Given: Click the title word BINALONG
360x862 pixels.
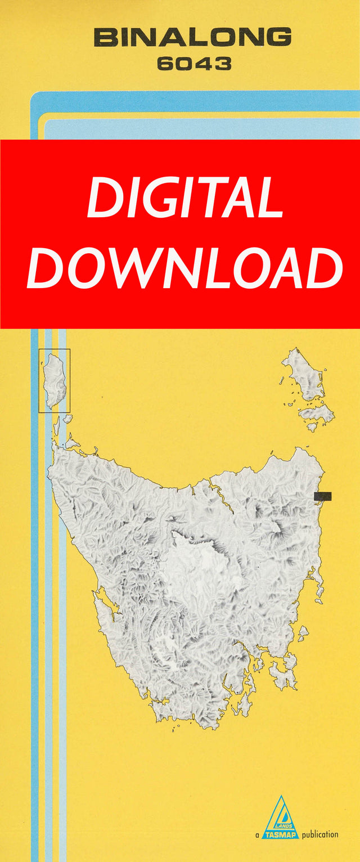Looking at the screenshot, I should tap(192, 38).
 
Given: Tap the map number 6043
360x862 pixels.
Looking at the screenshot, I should tap(193, 64).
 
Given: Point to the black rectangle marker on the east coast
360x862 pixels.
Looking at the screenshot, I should tap(323, 496).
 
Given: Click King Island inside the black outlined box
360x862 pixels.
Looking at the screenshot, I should tap(55, 380).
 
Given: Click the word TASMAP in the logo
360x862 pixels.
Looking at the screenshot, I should tap(280, 834).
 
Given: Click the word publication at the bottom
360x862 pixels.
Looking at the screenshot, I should tap(320, 834).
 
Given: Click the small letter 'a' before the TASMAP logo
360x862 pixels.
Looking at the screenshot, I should tap(256, 835).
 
